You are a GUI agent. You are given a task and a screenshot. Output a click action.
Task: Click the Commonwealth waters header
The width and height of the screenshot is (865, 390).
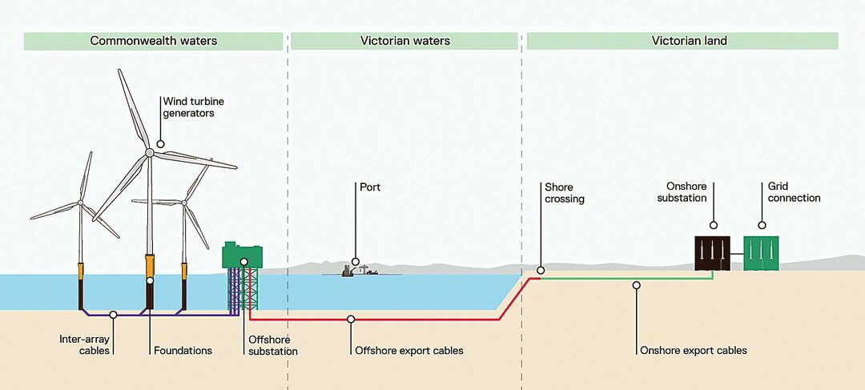tap(153, 42)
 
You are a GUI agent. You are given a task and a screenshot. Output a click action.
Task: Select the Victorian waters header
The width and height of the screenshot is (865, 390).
tap(405, 42)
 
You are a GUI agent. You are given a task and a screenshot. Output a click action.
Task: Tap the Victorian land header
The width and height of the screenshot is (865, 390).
tap(682, 42)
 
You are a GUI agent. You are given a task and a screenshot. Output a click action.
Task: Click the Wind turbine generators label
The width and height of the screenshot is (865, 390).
tap(188, 107)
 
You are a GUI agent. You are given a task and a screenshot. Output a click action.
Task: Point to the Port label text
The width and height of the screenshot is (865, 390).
tap(370, 187)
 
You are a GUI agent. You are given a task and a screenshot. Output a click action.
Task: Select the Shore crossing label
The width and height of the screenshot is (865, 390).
tap(565, 193)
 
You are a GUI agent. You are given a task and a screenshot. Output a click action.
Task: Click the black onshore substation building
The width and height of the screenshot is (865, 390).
tap(712, 253)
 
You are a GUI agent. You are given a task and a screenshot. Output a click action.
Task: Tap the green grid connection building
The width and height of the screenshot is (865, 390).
tap(762, 253)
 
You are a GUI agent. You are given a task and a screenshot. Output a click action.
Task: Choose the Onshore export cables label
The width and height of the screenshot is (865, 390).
tap(694, 350)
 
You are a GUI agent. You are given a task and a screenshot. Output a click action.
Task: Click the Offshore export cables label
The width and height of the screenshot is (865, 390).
tap(409, 350)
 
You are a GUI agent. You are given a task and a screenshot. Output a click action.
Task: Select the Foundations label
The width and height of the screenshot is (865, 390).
tap(183, 350)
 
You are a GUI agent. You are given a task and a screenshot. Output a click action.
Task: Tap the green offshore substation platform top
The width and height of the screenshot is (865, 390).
tap(242, 255)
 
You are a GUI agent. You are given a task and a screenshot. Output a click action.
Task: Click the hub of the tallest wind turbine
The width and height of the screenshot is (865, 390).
tap(149, 152)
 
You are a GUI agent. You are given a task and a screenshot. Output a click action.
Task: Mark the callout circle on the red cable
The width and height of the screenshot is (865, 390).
tap(351, 319)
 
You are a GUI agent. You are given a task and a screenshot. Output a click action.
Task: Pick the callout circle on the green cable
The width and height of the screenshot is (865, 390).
tap(636, 285)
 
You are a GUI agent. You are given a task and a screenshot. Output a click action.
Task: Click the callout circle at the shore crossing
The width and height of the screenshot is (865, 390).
tap(541, 271)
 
